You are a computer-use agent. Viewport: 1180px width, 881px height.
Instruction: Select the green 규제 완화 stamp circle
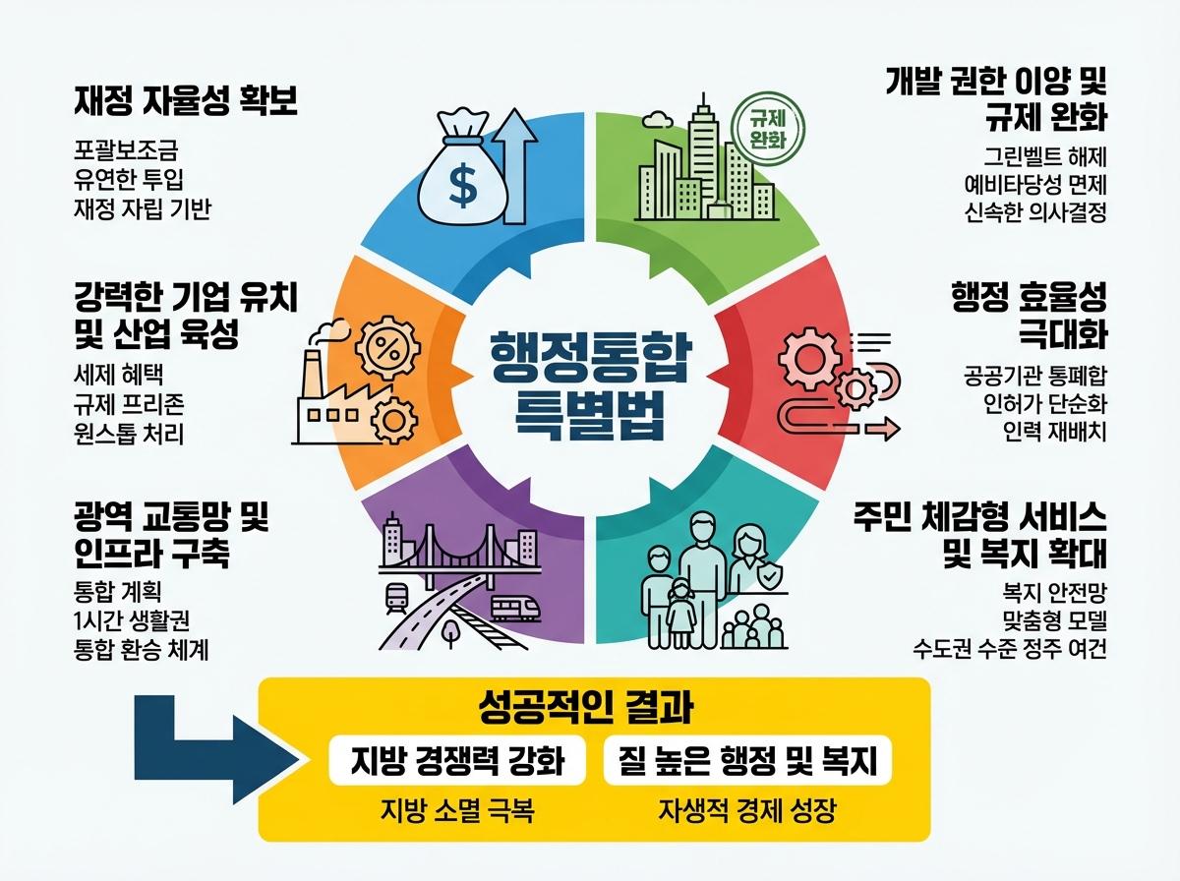click(768, 128)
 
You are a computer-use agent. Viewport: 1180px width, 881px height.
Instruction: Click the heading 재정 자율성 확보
click(186, 101)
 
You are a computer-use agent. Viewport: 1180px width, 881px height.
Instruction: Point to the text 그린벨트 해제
click(1046, 155)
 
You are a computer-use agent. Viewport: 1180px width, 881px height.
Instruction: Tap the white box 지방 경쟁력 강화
click(457, 760)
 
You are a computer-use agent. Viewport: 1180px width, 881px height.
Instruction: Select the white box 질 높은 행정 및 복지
click(747, 760)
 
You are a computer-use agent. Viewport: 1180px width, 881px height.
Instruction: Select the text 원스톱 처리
click(129, 433)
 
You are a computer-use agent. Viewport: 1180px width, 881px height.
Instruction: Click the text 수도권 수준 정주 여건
click(1011, 649)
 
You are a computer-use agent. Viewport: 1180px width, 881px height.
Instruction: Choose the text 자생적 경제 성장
click(746, 812)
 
